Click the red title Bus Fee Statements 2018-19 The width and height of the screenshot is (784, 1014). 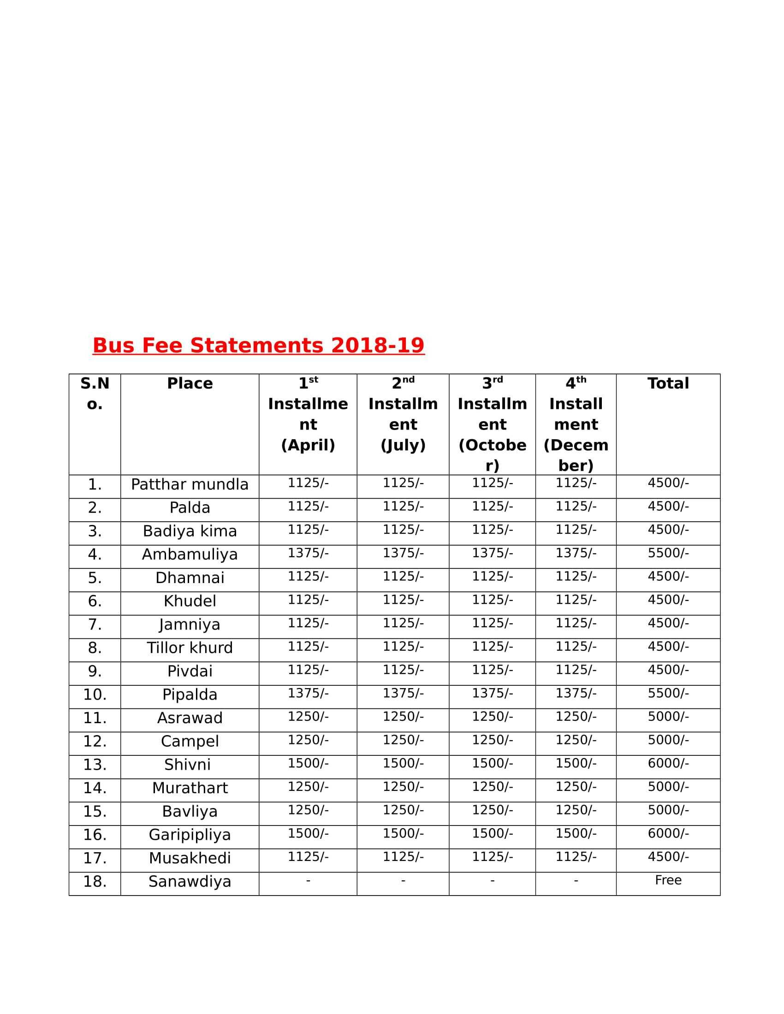[258, 345]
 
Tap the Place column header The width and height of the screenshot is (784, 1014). [190, 383]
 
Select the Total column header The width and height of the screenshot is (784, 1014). [668, 383]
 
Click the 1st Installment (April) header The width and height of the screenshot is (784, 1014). [308, 414]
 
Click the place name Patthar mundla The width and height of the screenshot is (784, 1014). [190, 484]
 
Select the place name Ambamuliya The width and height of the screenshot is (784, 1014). [190, 554]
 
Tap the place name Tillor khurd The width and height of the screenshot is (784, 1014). [190, 648]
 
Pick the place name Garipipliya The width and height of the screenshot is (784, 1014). [190, 835]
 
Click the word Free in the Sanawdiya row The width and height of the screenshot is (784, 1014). [668, 880]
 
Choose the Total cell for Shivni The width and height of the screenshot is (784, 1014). [668, 764]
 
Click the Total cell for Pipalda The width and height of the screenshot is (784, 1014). [668, 694]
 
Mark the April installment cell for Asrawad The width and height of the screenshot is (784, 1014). [308, 717]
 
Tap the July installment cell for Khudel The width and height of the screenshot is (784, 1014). [403, 600]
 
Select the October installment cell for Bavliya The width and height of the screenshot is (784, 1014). [493, 810]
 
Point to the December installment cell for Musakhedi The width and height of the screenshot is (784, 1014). [576, 857]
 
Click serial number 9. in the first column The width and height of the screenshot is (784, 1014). [95, 672]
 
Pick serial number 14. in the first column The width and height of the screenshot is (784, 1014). [95, 788]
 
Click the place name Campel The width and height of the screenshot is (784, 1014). [190, 742]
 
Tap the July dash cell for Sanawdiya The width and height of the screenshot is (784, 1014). [403, 880]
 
